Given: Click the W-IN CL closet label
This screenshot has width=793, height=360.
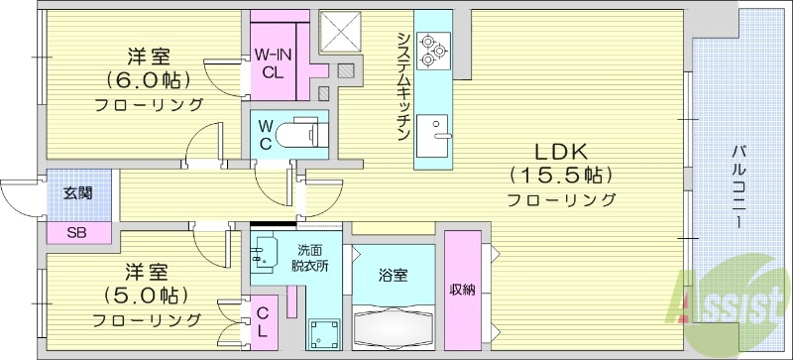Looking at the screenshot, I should tap(271, 62).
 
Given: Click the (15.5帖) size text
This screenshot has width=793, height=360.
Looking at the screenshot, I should tap(562, 176).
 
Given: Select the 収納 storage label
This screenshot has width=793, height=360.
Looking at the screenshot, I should tap(462, 290).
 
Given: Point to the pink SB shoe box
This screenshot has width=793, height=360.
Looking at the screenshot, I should tap(76, 233).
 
